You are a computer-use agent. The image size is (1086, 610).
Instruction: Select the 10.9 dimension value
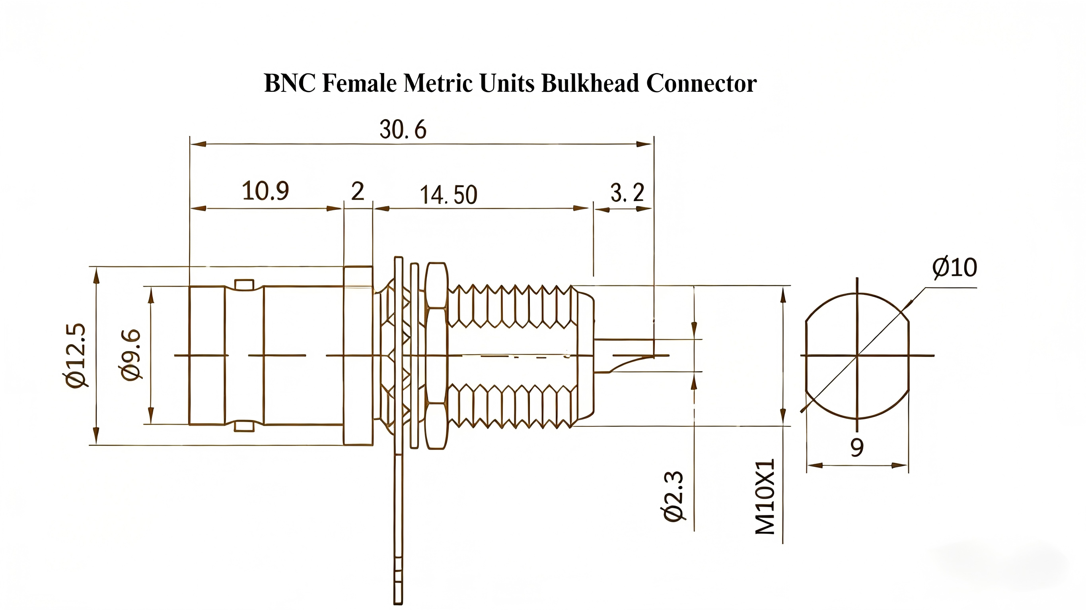[x=265, y=191]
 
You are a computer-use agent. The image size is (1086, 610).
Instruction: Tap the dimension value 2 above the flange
[x=358, y=191]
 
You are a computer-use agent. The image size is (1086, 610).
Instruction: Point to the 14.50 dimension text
[x=448, y=195]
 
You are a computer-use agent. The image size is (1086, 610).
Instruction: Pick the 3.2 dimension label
[x=627, y=193]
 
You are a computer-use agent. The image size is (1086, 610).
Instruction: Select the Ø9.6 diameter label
[x=131, y=355]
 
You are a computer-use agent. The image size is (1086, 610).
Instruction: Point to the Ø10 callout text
[x=954, y=267]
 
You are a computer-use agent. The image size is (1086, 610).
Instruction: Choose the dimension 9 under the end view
[x=856, y=447]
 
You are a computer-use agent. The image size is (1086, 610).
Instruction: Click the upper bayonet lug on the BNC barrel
[x=244, y=285]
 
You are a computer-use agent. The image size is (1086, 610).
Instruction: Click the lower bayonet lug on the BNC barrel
[x=244, y=426]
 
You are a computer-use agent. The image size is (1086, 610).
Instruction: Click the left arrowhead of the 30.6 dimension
[x=197, y=143]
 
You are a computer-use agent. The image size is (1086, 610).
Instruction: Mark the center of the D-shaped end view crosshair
[x=857, y=356]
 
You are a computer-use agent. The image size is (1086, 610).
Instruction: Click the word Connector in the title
[x=701, y=83]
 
